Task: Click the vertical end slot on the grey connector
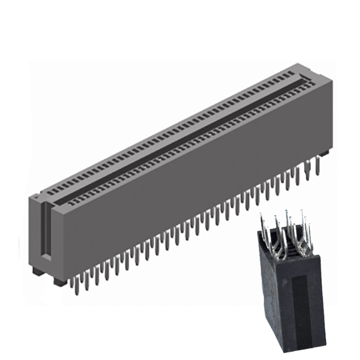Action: click(x=45, y=231)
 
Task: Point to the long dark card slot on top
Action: click(x=180, y=139)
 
